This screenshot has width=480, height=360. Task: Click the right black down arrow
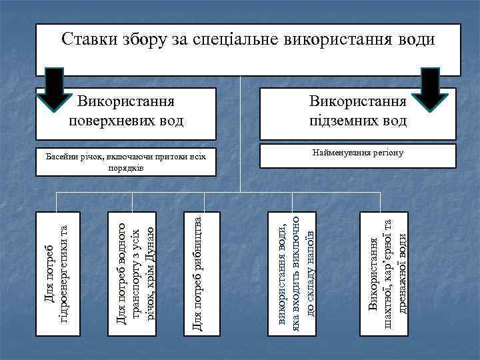coord(429,89)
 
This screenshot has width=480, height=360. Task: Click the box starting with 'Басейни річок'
coord(126,161)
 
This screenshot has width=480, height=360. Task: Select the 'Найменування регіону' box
coord(357,155)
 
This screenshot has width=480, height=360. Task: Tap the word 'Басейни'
coord(60,157)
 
